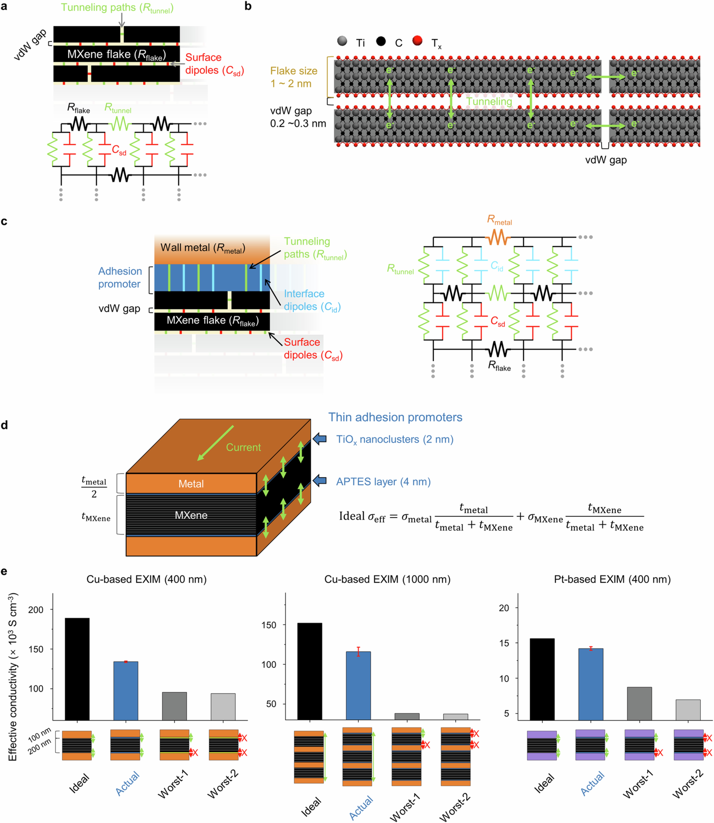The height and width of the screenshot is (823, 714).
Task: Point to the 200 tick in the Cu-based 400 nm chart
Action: [36, 610]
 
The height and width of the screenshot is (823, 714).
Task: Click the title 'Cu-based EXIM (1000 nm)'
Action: [387, 579]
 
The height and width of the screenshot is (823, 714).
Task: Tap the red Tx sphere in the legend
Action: [417, 41]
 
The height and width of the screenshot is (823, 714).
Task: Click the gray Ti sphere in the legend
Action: [342, 41]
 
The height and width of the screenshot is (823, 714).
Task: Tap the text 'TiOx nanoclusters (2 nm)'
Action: [395, 439]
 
